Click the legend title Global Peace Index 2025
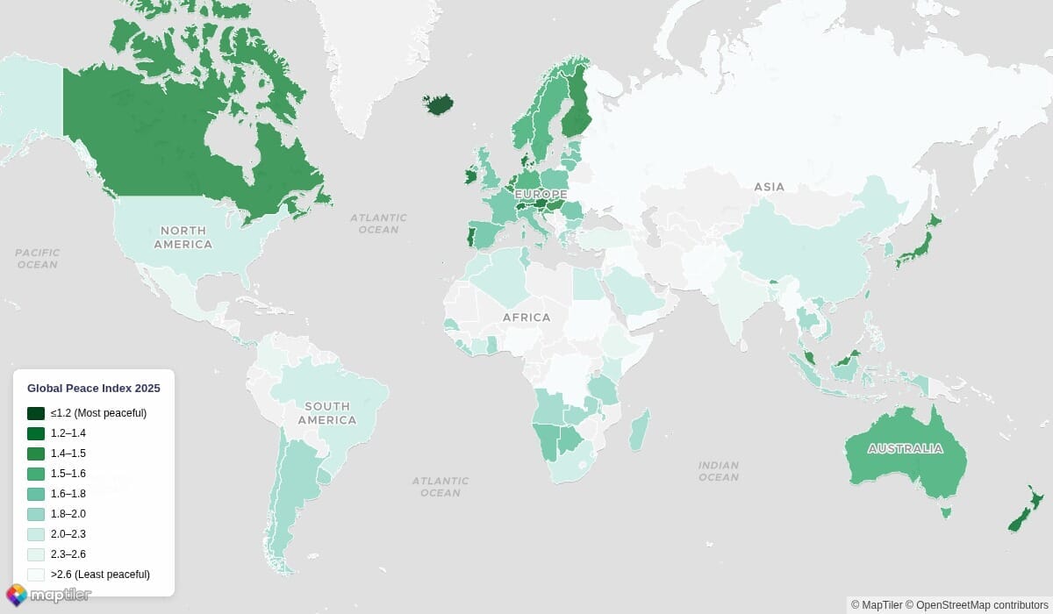(x=93, y=388)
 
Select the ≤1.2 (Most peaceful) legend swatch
(x=36, y=413)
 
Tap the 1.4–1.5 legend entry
(x=68, y=453)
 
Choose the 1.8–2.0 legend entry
(x=68, y=514)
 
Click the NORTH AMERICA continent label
(x=183, y=237)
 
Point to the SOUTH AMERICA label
(x=326, y=413)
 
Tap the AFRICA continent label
(x=526, y=318)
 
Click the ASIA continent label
(x=769, y=187)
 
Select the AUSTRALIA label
(x=905, y=449)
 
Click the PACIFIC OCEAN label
(x=37, y=258)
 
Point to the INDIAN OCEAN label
(x=719, y=471)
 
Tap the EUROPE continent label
(x=541, y=194)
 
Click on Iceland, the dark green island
(x=440, y=105)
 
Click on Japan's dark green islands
(x=919, y=246)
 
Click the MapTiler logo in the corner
(x=48, y=595)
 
